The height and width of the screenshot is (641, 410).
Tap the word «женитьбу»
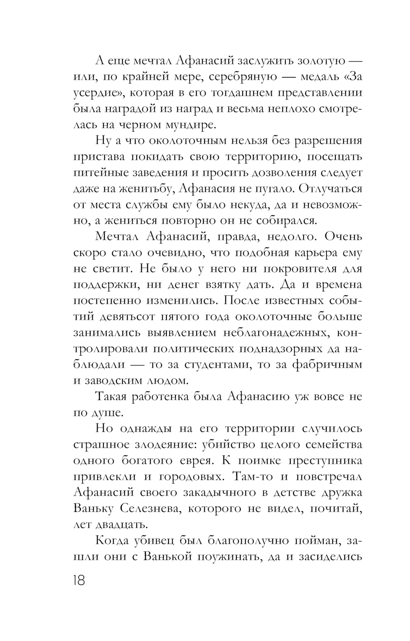[x=140, y=189]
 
